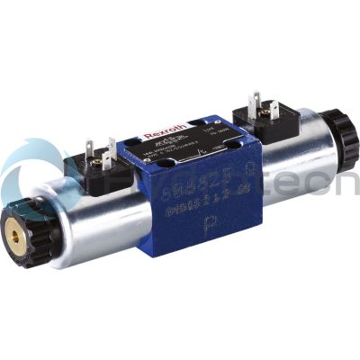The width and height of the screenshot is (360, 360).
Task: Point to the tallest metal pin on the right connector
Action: (x=256, y=100)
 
